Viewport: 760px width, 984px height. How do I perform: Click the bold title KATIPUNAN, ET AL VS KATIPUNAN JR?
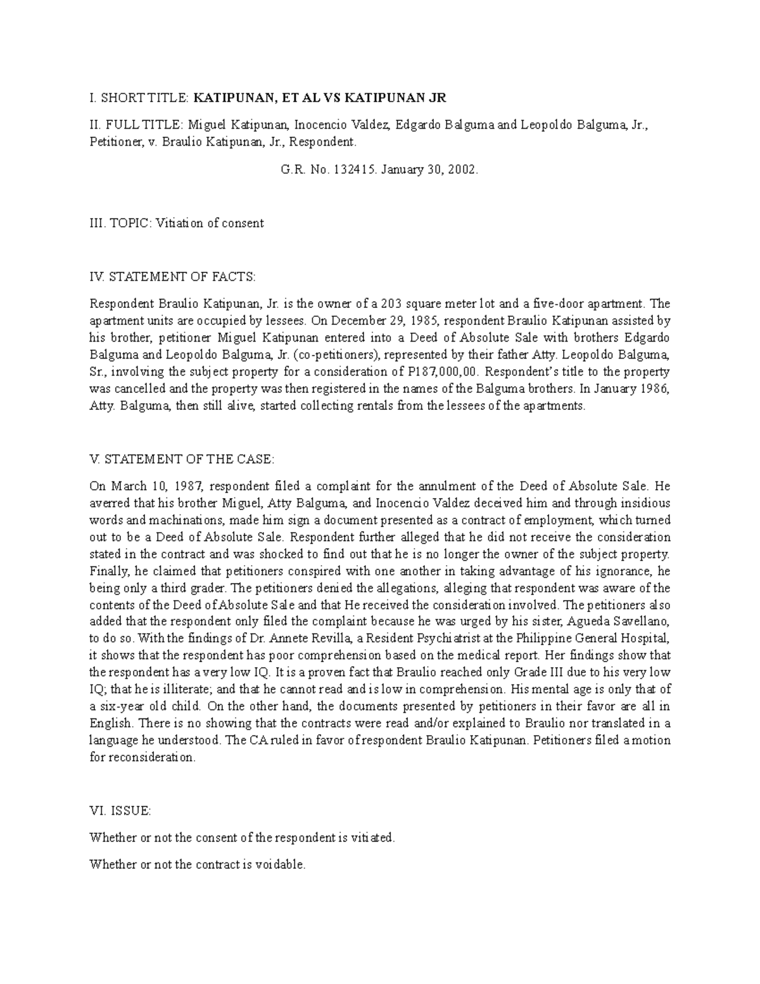coord(320,98)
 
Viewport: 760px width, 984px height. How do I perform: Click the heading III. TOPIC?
coord(120,223)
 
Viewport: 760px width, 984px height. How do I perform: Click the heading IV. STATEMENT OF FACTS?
coord(172,276)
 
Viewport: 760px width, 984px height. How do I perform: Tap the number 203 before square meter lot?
coord(386,303)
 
